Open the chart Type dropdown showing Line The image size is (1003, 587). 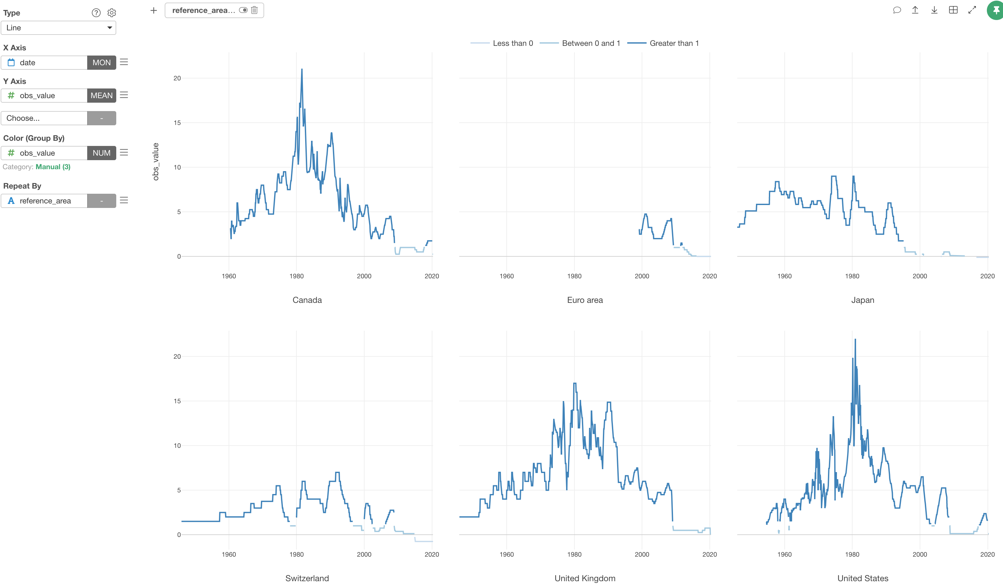58,28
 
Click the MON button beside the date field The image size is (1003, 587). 101,63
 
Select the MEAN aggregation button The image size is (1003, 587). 101,96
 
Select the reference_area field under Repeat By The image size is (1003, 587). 45,201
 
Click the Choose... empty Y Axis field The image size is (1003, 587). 44,118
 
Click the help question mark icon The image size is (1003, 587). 96,13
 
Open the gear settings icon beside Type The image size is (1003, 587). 112,13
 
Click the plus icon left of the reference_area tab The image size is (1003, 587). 154,10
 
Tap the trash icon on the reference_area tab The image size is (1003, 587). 254,10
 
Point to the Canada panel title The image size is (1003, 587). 307,300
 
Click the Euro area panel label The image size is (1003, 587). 585,300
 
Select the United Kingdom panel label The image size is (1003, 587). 585,578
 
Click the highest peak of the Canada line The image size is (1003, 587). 302,70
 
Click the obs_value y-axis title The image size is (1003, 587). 156,161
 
